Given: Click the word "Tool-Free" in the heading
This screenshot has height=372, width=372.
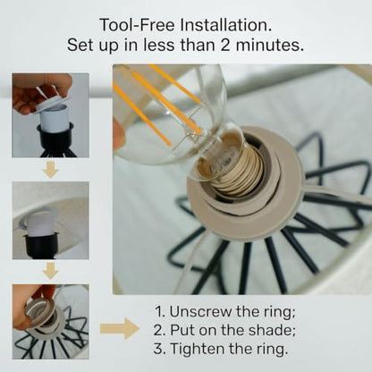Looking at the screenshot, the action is coord(137,25).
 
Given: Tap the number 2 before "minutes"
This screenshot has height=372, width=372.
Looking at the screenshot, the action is coord(225,46).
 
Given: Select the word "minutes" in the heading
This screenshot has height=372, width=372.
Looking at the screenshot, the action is coord(269,46).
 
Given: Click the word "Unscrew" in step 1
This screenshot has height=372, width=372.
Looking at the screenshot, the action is coord(200,311).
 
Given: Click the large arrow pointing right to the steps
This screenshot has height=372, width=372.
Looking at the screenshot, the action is coord(120,328).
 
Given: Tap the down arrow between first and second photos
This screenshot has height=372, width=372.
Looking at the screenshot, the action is coord(51,169).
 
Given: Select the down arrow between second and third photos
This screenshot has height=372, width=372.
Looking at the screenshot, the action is coord(51,271).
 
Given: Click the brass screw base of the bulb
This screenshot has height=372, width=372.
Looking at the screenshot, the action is coord(235,172).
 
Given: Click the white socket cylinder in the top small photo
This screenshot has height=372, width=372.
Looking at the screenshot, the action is coord(55,119).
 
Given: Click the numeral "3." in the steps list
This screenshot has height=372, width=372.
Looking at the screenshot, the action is coord(159,349).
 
